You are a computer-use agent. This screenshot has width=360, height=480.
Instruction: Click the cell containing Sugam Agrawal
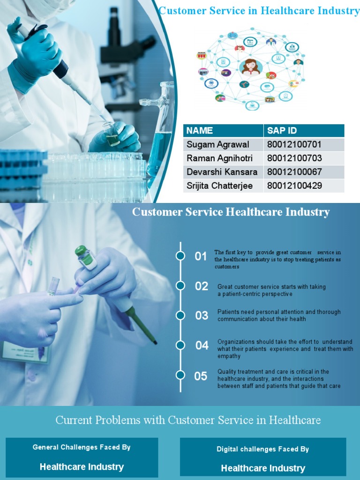[x=218, y=144]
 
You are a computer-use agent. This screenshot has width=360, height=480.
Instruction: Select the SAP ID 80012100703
[x=294, y=158]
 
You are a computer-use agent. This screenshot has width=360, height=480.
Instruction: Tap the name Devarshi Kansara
[x=222, y=172]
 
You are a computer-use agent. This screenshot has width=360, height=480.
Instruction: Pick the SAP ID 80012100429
[x=294, y=186]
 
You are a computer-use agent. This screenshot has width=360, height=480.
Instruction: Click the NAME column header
[x=200, y=130]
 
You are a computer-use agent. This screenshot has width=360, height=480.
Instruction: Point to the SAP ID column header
[x=282, y=130]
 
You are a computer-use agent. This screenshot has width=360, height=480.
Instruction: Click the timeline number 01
[x=201, y=256]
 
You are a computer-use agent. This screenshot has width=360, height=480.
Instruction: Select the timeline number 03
[x=202, y=315]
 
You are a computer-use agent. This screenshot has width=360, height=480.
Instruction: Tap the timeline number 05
[x=201, y=376]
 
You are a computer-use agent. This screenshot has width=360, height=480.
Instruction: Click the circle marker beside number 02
[x=180, y=285]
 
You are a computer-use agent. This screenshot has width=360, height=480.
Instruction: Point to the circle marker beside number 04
[x=180, y=345]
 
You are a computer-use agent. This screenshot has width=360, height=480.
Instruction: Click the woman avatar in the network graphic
[x=251, y=67]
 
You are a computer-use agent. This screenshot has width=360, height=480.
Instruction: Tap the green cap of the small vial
[x=81, y=251]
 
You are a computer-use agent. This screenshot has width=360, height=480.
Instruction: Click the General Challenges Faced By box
[x=82, y=457]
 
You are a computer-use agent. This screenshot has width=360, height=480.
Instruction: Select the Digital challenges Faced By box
[x=263, y=458]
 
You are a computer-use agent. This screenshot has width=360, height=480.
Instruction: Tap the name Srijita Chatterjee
[x=220, y=186]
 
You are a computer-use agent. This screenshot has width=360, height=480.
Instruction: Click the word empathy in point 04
[x=229, y=356]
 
